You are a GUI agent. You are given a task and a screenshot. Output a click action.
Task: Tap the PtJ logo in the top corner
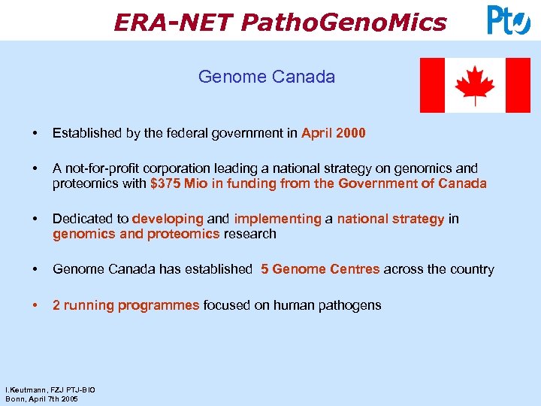(x=509, y=20)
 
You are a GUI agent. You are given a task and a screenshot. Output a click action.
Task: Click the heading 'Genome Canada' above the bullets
(x=266, y=77)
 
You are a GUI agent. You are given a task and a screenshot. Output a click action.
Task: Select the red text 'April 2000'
(x=334, y=133)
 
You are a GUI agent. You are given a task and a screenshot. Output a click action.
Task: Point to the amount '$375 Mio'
(x=175, y=183)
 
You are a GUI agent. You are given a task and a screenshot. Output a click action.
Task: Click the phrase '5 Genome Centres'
(x=320, y=269)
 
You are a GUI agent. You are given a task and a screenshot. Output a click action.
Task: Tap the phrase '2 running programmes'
(x=125, y=305)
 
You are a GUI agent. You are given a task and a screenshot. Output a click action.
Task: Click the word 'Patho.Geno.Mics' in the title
(x=343, y=23)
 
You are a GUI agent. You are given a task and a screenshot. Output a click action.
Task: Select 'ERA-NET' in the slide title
(x=173, y=23)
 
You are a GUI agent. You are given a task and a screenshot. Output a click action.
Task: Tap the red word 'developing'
(x=168, y=219)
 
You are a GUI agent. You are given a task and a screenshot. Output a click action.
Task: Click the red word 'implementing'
(x=277, y=219)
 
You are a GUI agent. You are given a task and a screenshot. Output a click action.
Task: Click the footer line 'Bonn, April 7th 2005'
(x=41, y=398)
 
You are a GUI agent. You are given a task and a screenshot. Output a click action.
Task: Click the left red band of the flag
(x=431, y=85)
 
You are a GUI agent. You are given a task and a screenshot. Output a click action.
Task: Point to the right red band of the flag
(x=518, y=85)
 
